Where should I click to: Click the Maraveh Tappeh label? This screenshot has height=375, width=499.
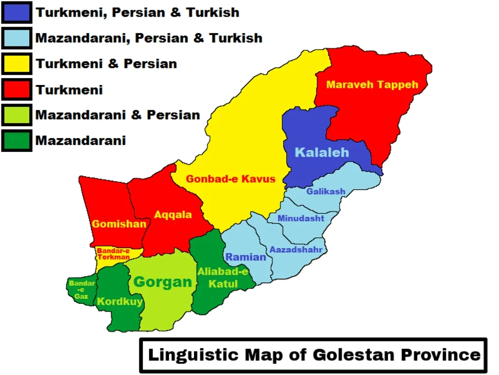click(372, 84)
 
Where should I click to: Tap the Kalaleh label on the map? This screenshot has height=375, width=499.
click(322, 152)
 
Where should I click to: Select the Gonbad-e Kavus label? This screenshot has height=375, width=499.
click(230, 179)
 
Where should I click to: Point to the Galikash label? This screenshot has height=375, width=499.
click(326, 191)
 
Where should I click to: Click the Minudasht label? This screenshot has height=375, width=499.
click(301, 218)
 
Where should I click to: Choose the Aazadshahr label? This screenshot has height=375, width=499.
click(296, 250)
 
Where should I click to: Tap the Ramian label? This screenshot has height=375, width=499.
click(246, 257)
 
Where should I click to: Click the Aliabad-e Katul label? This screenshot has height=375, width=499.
click(223, 278)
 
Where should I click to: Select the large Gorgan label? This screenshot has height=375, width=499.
click(163, 282)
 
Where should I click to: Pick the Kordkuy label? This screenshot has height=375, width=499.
click(120, 301)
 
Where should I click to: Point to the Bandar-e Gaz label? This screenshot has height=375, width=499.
click(78, 290)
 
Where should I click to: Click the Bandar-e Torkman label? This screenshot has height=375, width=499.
click(113, 254)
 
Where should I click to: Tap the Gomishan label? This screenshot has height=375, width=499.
click(119, 224)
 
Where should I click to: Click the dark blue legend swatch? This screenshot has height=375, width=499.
click(17, 13)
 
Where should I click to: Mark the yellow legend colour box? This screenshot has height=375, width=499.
click(17, 63)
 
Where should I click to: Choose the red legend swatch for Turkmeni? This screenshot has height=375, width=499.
click(17, 89)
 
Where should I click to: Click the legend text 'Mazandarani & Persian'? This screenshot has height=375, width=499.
click(117, 115)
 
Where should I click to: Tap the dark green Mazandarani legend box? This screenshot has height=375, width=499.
click(17, 141)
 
